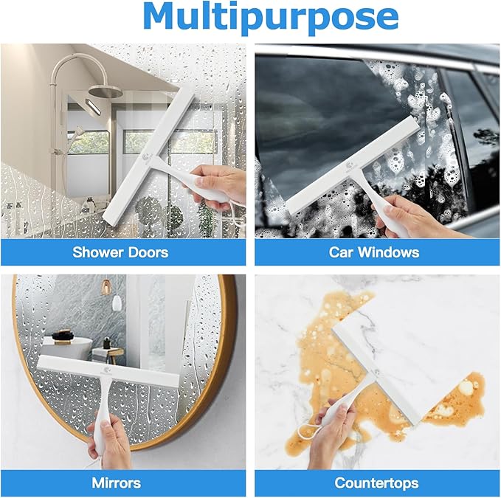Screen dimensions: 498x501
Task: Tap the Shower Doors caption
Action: [120, 252]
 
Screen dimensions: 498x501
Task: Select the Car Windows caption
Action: [374, 252]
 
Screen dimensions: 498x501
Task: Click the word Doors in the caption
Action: [148, 252]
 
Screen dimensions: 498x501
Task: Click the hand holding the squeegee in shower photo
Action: [222, 184]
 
